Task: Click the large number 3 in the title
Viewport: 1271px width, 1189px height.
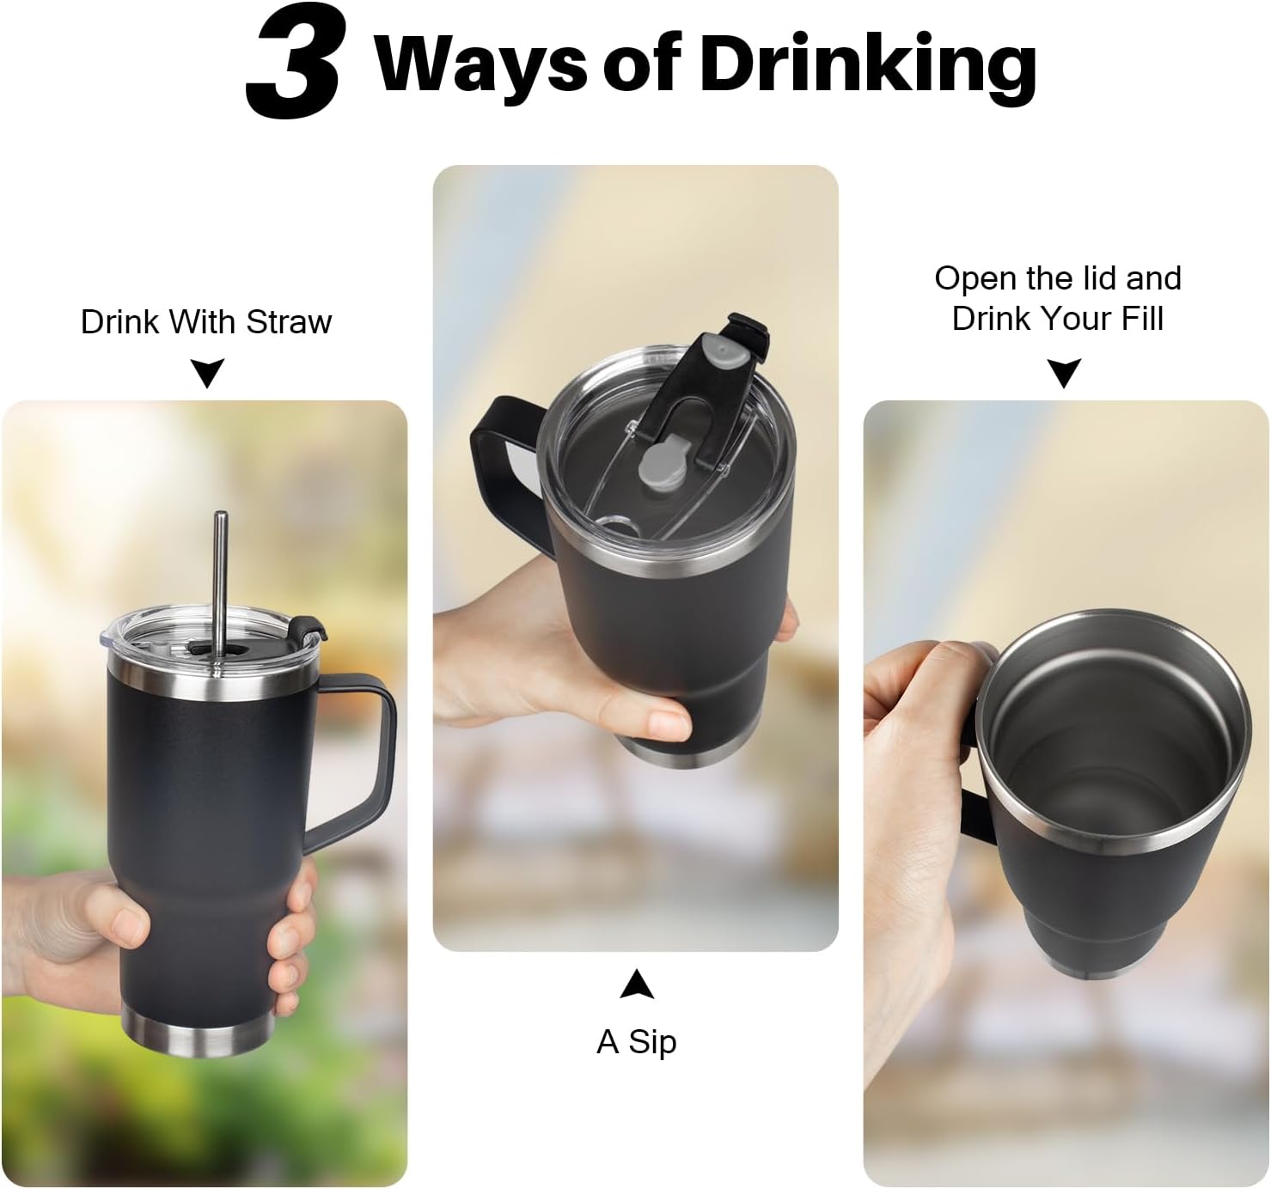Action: [x=293, y=61]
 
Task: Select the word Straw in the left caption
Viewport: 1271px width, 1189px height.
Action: [x=290, y=322]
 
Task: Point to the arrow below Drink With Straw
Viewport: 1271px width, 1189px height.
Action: [x=207, y=373]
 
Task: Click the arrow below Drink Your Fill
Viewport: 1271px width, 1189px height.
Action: [x=1064, y=373]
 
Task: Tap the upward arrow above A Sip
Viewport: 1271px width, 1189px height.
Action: [x=637, y=985]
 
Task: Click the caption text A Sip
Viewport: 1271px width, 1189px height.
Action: [x=636, y=1042]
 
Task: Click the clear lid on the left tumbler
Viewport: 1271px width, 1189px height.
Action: [x=211, y=637]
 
